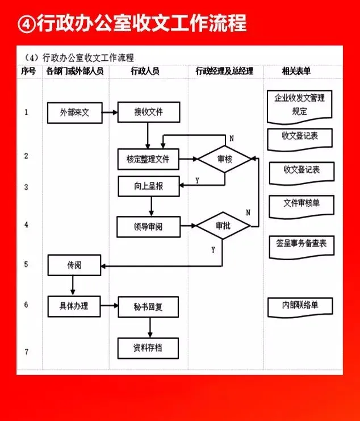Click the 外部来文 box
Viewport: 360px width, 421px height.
(x=74, y=112)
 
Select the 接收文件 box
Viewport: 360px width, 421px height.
(x=148, y=112)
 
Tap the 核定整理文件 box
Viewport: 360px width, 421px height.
(x=148, y=160)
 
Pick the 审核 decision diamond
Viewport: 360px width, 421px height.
(x=224, y=160)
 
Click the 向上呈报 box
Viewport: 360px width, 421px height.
(x=148, y=186)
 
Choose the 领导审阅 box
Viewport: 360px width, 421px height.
(x=148, y=227)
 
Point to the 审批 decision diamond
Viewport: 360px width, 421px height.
(x=223, y=226)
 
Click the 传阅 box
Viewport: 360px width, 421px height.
(x=74, y=265)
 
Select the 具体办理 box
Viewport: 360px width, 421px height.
(x=74, y=306)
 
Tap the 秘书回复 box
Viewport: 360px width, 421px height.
(x=148, y=307)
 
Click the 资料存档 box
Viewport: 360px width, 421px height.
(x=148, y=348)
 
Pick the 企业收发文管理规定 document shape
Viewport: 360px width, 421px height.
(x=299, y=106)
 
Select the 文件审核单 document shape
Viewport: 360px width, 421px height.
(x=300, y=204)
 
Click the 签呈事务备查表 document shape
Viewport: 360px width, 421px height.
(x=301, y=244)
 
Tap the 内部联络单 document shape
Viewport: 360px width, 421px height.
(x=300, y=306)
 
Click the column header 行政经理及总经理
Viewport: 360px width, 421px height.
(x=224, y=72)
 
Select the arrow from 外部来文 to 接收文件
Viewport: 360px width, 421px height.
(x=110, y=112)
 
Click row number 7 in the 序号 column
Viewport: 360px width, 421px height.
(x=26, y=352)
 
